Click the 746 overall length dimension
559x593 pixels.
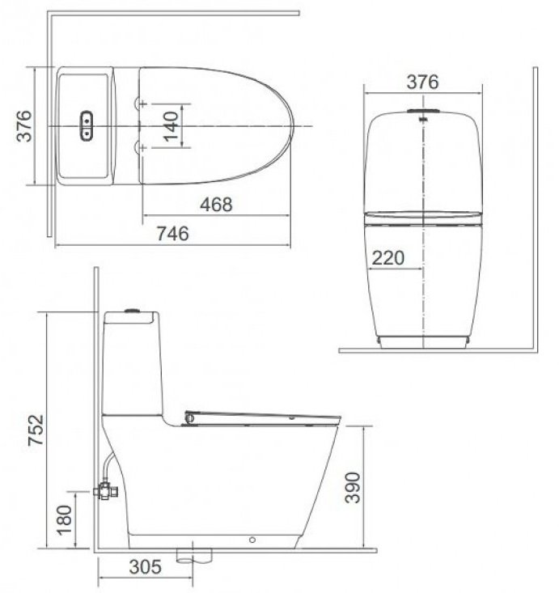tap(172, 233)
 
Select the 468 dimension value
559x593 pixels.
tap(215, 205)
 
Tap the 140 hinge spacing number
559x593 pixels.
tap(170, 127)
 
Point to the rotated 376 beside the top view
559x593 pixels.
tap(25, 126)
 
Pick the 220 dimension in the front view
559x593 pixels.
tap(387, 258)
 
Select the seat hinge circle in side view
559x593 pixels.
tap(189, 417)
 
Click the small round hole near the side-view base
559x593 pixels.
tap(253, 539)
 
